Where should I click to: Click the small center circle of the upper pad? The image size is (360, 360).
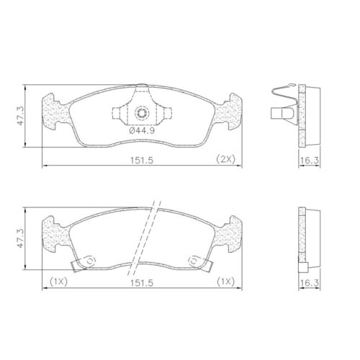coord(142,113)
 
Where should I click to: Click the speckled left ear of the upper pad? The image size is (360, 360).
coord(56,112)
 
